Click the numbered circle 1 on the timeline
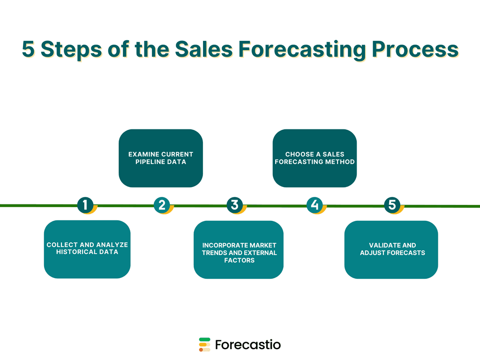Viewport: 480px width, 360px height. point(85,205)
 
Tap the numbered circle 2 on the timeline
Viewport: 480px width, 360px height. point(162,205)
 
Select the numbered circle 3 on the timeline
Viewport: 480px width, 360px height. point(235,205)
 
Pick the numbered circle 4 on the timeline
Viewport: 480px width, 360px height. point(315,205)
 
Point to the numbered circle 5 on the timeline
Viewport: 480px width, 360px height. point(392,205)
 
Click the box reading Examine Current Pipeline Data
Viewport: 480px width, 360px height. point(161,158)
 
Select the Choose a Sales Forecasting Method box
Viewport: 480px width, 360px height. point(315,158)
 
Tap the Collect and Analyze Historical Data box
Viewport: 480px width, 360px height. point(87,249)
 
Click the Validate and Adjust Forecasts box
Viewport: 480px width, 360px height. point(391,249)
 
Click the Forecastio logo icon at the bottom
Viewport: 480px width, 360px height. point(204,345)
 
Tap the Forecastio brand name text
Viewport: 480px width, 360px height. point(248,345)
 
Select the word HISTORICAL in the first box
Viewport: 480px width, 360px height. point(76,252)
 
